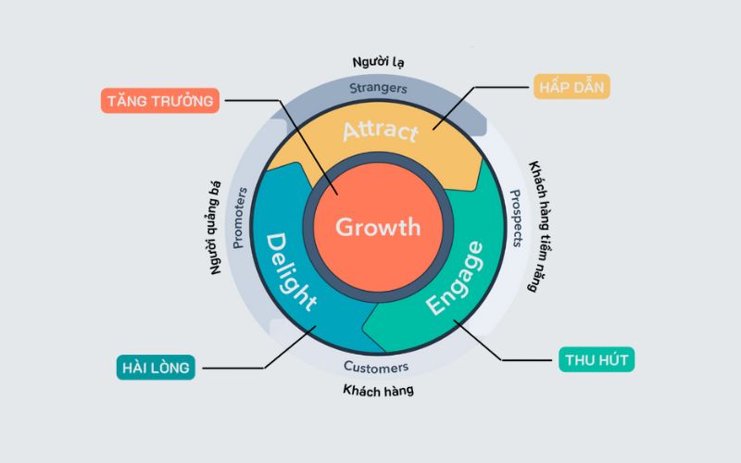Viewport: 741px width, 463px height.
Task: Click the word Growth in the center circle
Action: [377, 226]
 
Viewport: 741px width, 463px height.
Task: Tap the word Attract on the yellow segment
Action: [380, 130]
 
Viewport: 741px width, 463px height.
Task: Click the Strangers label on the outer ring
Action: [378, 89]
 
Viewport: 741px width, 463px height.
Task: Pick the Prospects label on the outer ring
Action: [516, 219]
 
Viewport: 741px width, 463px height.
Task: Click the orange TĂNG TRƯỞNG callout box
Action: [159, 100]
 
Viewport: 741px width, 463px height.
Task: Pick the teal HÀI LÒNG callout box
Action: [156, 368]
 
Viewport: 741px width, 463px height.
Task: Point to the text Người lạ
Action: [378, 62]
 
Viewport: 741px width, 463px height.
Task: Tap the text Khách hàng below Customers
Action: [375, 390]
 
